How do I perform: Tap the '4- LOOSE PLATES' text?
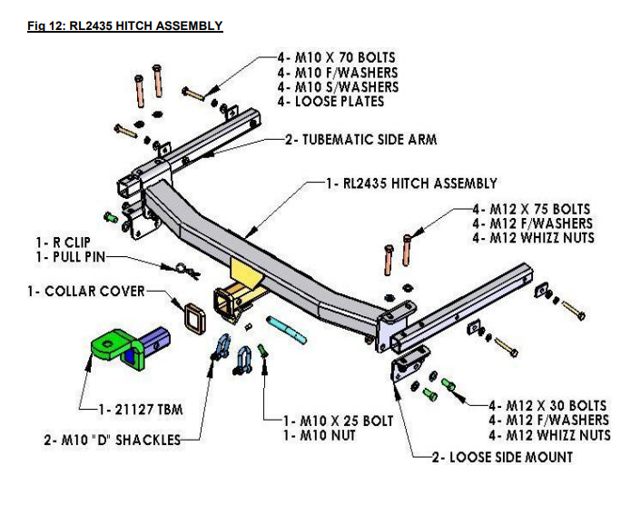[331, 102]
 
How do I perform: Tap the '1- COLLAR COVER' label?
[94, 292]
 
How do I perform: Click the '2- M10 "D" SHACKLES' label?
[111, 441]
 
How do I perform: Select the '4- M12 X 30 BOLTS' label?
[547, 405]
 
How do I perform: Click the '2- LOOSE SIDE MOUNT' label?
[501, 457]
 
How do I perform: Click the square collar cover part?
[192, 318]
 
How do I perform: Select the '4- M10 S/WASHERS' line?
[338, 87]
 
